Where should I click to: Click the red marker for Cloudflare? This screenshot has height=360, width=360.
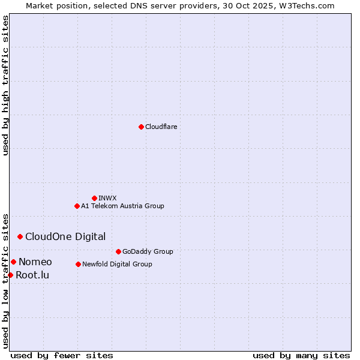[141, 127]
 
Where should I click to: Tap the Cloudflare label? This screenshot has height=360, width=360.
[161, 127]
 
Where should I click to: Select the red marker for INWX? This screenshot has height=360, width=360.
[94, 198]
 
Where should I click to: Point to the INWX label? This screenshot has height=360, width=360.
[107, 198]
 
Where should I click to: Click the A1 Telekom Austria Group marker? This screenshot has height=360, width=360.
[77, 206]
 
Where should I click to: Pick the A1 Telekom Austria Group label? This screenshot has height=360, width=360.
[122, 206]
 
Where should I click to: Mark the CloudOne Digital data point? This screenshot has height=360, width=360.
[20, 236]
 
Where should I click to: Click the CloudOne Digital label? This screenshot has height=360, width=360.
[65, 237]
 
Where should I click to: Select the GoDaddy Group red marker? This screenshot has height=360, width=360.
[118, 251]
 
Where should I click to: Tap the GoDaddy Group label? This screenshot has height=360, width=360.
[147, 252]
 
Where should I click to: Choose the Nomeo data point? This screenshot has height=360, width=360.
[13, 262]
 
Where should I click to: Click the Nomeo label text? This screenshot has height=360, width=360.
[35, 262]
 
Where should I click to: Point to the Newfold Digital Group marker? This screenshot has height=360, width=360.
[78, 264]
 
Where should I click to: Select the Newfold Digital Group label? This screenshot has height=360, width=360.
[117, 265]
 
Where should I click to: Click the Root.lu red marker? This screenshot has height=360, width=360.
[10, 275]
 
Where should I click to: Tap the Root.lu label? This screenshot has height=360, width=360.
[32, 275]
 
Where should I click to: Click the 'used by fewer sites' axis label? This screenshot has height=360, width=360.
[62, 355]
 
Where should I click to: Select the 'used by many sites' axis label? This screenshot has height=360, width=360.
[301, 355]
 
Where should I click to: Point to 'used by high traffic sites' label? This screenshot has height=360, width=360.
[6, 85]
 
